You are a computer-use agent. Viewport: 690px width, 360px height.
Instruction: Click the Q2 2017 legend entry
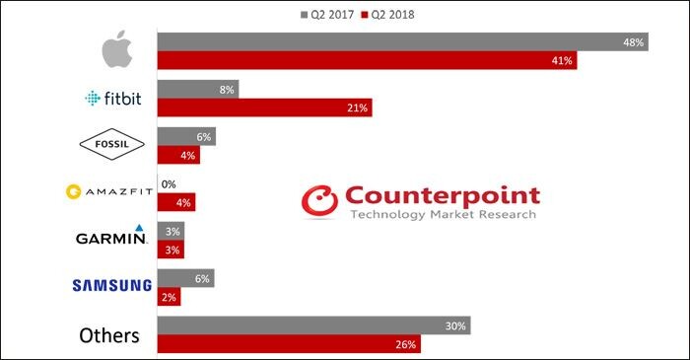tap(327, 15)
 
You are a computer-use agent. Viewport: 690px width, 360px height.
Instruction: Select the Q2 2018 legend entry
tap(387, 15)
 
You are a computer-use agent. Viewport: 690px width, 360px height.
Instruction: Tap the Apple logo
tap(117, 49)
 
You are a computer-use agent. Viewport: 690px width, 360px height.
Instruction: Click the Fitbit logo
tap(113, 99)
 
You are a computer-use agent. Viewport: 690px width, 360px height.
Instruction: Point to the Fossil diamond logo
tap(111, 144)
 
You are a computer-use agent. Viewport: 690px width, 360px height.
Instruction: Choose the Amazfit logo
tap(109, 192)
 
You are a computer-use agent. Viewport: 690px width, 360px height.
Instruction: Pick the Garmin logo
tap(110, 235)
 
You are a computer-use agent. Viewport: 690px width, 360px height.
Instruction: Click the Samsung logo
tap(111, 286)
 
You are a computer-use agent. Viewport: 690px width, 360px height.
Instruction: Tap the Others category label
tap(109, 335)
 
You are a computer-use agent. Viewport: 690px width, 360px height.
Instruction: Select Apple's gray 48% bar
tap(402, 41)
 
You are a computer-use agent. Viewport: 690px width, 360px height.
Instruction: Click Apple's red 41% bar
tap(367, 60)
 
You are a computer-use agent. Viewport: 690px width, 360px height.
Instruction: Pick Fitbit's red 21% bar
tap(264, 108)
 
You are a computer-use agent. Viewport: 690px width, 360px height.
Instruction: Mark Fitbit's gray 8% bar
tap(198, 89)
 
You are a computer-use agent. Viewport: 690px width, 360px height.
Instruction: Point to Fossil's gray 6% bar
tap(186, 136)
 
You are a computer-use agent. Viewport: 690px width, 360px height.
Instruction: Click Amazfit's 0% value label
tap(169, 184)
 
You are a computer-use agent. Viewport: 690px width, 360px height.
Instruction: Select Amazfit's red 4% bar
tap(176, 202)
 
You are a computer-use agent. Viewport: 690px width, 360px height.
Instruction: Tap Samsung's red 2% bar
tap(169, 297)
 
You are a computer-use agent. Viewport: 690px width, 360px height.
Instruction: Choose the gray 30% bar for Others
tap(313, 325)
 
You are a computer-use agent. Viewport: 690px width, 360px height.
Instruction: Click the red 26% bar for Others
tap(289, 343)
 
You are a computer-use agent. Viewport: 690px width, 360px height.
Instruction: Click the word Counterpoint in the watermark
tap(443, 196)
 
